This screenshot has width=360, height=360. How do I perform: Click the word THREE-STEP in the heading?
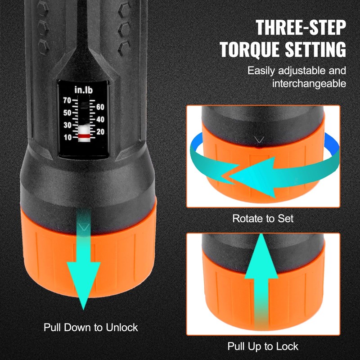click(x=301, y=27)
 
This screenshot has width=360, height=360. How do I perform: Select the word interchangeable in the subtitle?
click(x=309, y=83)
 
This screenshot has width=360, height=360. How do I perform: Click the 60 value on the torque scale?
click(x=100, y=107)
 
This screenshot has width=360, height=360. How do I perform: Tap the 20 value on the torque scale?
click(x=100, y=132)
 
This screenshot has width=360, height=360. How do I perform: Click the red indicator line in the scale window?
click(x=83, y=135)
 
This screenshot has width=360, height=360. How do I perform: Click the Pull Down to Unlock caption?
click(x=91, y=327)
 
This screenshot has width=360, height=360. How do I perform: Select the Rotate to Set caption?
click(x=263, y=219)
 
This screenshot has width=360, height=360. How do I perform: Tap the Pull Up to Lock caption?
click(x=263, y=346)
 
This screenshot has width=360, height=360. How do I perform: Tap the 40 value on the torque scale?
click(x=100, y=120)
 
